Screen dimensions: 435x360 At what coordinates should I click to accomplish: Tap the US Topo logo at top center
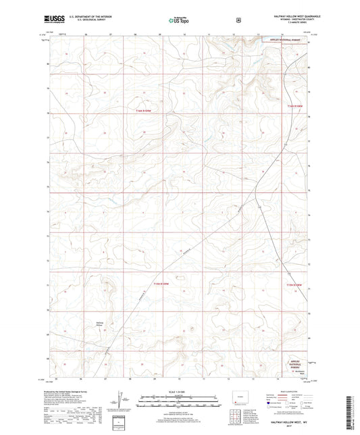(x=180, y=21)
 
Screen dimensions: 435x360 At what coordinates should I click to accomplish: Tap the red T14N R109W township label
(x=161, y=284)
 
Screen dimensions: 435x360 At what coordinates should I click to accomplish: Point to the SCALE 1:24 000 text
(x=180, y=391)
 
